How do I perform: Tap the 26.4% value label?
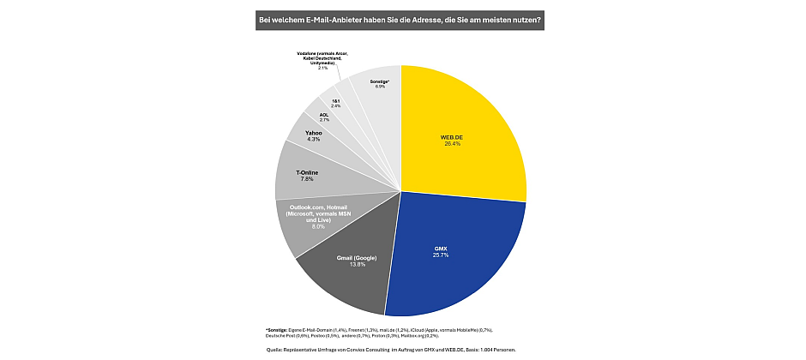click(x=453, y=143)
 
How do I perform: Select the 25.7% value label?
click(x=441, y=255)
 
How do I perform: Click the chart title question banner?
click(x=401, y=18)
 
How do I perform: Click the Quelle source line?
click(x=390, y=350)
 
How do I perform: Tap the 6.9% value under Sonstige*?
click(x=379, y=87)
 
